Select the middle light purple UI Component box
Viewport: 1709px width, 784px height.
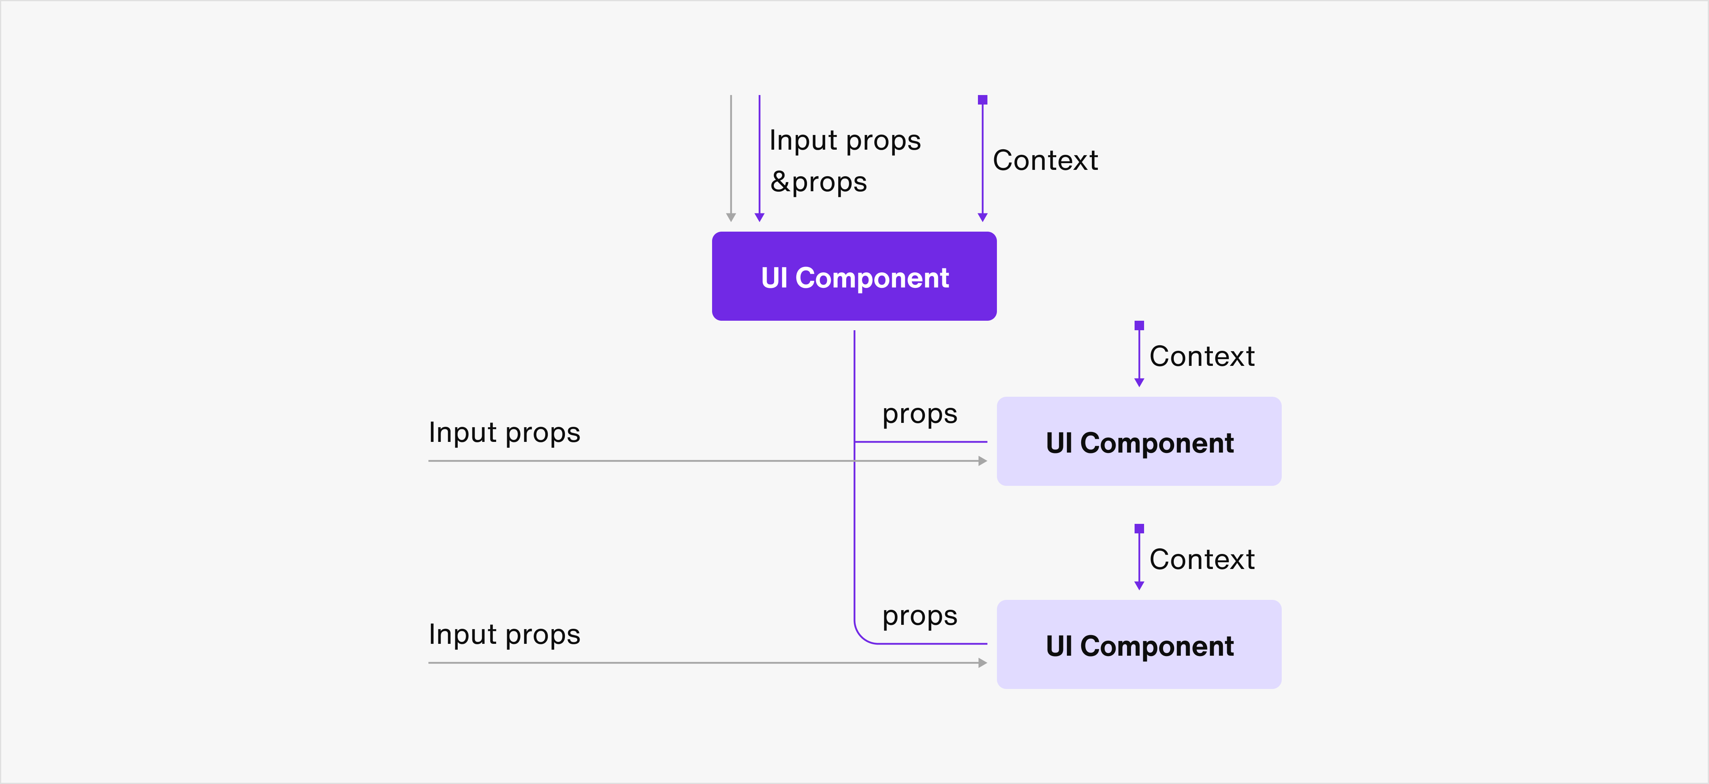click(1139, 441)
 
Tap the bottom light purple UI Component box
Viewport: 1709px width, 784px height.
click(1139, 645)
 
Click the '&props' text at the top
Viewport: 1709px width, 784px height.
click(819, 182)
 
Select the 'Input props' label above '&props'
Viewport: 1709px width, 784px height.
click(845, 141)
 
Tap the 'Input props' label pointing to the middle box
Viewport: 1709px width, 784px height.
click(504, 433)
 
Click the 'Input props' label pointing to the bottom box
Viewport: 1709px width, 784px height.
click(504, 635)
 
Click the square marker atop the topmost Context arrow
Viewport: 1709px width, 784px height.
click(983, 99)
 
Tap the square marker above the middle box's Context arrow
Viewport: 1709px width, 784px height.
click(1139, 325)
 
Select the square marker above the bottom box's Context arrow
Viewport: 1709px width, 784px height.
click(1139, 529)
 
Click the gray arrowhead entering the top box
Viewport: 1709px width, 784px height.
click(731, 217)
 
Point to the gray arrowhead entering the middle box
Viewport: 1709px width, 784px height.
click(983, 461)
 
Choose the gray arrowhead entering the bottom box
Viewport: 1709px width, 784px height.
click(983, 662)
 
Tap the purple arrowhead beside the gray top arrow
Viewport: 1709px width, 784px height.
click(760, 217)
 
